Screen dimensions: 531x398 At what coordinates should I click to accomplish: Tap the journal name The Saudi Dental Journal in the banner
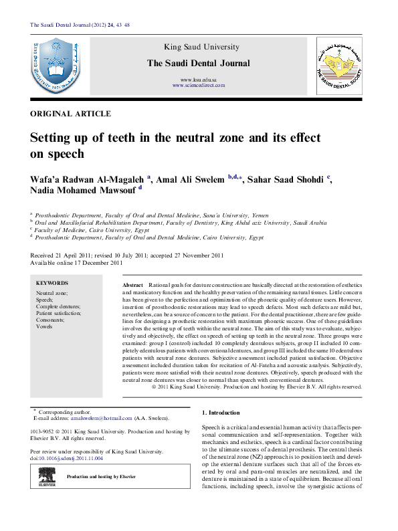[x=199, y=64]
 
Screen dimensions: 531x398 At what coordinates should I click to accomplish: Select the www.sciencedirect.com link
[x=199, y=86]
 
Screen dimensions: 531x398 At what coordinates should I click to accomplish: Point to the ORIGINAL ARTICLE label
[x=71, y=114]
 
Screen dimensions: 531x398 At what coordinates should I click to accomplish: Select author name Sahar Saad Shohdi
[x=287, y=179]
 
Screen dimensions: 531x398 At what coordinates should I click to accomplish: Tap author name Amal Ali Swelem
[x=191, y=179]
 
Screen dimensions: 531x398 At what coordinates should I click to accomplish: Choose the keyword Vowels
[x=44, y=326]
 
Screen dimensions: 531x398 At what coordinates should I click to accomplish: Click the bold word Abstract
[x=133, y=285]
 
